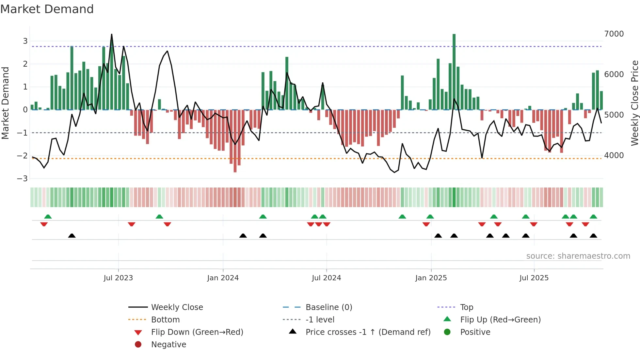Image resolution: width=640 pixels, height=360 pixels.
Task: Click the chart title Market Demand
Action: coord(47,9)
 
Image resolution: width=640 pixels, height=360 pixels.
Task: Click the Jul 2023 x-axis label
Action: coord(118,278)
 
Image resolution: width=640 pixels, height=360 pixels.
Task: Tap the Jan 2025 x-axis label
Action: coord(431,278)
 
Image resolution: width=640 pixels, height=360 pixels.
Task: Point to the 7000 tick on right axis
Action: coord(614,34)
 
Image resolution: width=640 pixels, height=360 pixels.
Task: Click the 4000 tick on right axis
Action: coord(614,155)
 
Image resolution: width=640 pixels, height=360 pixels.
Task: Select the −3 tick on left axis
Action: coord(23,179)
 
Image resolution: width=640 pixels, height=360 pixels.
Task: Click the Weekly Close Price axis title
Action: coord(634,103)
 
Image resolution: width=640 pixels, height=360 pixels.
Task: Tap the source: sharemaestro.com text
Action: coord(578,256)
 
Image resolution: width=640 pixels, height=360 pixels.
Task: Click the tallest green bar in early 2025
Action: coord(454,72)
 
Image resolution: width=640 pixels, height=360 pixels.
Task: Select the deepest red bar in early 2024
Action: coord(235,140)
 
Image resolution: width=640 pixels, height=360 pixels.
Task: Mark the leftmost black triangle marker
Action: coord(72,236)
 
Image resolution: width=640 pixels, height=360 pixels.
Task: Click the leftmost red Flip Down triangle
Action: coord(44,224)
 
